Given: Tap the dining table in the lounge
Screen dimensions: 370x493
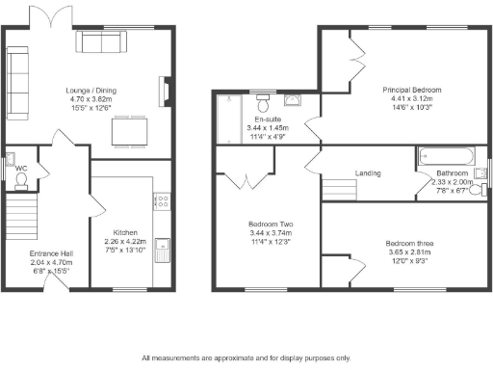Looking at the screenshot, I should point(128,131).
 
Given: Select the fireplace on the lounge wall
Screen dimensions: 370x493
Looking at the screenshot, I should point(165,92).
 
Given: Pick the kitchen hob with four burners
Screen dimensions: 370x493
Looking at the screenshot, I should point(163,202).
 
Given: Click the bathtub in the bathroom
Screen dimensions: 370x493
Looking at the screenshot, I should point(445,155).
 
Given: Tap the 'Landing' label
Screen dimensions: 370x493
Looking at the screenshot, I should point(368,173).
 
